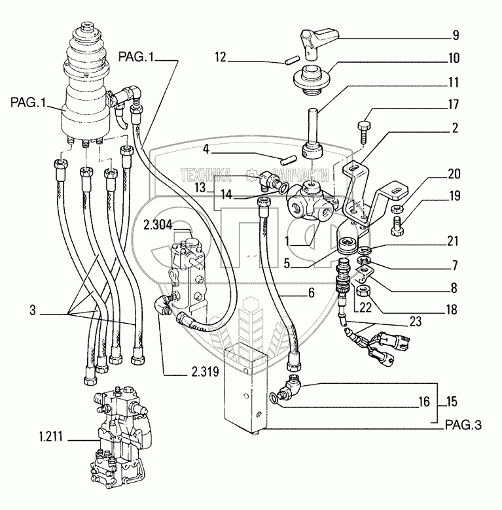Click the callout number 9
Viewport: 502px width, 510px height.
point(456,35)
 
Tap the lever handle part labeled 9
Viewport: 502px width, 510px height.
point(318,42)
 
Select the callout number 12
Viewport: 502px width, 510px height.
point(221,58)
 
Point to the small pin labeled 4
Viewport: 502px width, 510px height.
point(289,160)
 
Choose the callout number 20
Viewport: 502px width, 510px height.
point(454,174)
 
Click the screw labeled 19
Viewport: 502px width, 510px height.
point(397,226)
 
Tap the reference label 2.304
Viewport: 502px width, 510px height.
point(158,225)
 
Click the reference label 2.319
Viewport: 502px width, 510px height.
point(205,372)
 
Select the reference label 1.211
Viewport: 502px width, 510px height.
point(51,437)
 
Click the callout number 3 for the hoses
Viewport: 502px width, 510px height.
point(33,310)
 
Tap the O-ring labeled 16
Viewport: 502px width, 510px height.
point(274,398)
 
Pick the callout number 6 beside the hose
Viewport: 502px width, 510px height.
point(312,293)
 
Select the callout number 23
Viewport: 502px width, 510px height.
point(416,322)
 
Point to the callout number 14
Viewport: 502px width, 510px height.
point(226,195)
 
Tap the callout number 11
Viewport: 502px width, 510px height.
point(454,82)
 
